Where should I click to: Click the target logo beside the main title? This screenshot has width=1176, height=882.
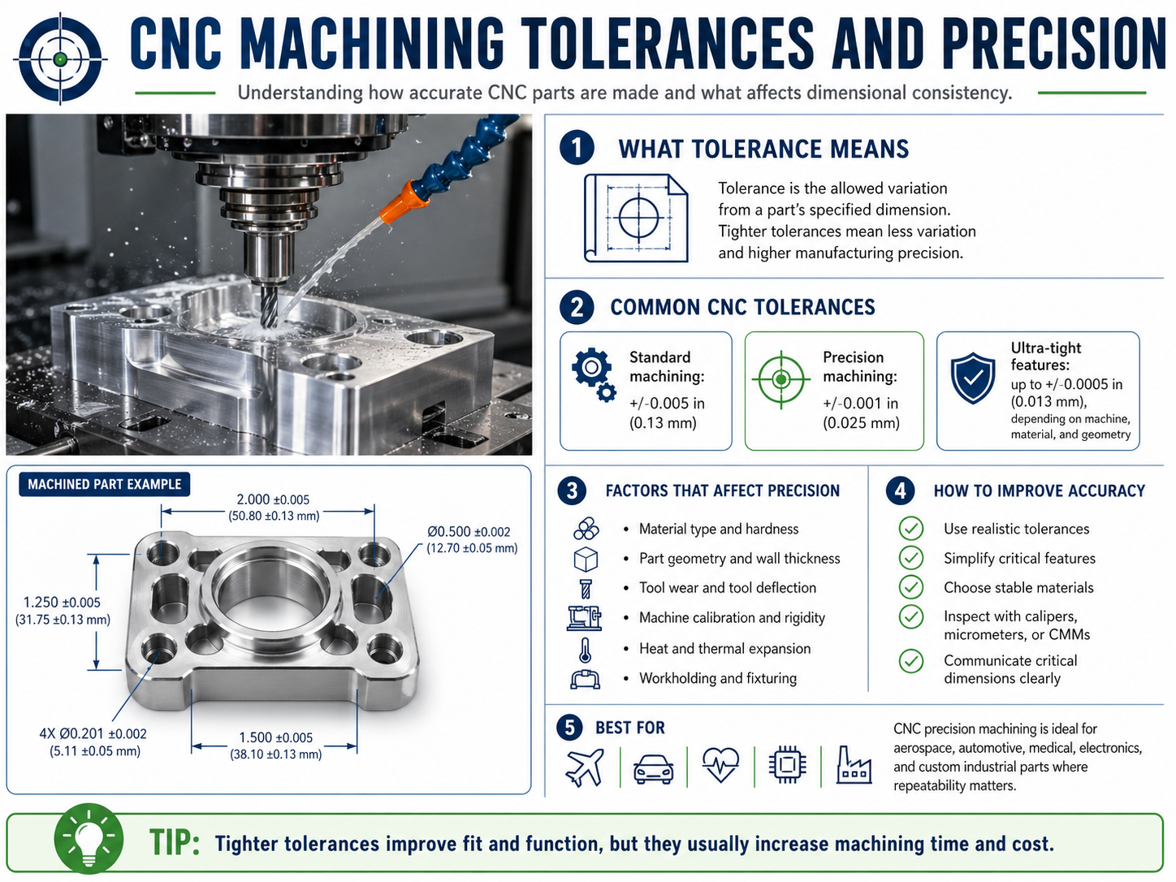[59, 59]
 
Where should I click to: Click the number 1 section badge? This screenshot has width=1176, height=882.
[577, 148]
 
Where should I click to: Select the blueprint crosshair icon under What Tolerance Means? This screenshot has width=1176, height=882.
[637, 218]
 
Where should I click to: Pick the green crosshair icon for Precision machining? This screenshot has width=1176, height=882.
[780, 378]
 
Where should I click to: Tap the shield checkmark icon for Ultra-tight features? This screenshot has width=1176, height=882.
[973, 378]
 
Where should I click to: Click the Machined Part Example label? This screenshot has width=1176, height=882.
[105, 484]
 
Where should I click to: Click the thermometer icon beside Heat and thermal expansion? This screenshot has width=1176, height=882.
[585, 649]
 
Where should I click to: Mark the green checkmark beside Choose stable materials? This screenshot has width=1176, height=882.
[911, 587]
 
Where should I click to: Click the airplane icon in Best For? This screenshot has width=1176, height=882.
[584, 766]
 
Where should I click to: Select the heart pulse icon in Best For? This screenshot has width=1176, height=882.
[720, 764]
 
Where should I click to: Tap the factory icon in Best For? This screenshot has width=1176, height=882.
[854, 765]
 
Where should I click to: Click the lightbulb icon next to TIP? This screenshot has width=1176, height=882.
[89, 841]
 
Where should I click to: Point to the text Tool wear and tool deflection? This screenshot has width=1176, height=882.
[728, 588]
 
